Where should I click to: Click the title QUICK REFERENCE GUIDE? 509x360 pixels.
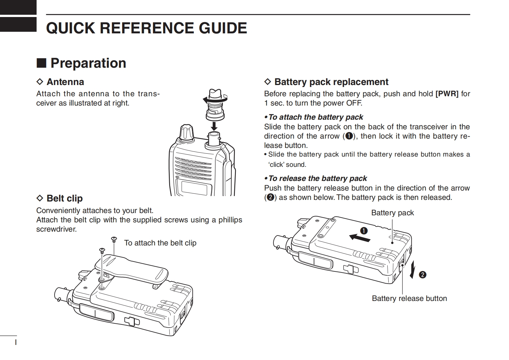(146, 28)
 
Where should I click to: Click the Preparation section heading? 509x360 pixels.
(81, 63)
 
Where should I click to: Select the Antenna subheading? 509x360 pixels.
(60, 82)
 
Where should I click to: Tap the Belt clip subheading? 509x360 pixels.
(60, 198)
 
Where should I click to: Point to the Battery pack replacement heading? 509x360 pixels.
(326, 82)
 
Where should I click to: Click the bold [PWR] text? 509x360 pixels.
(447, 94)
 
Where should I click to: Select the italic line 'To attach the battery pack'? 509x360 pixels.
(314, 117)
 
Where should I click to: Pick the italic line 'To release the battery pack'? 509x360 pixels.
(315, 178)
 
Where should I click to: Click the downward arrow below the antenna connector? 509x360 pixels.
(214, 126)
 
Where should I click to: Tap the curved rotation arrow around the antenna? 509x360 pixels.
(215, 99)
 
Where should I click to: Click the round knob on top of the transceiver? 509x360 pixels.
(187, 132)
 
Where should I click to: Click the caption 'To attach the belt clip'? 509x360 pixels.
(160, 243)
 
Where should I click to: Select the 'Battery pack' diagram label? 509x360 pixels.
(393, 213)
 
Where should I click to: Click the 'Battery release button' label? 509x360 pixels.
(409, 298)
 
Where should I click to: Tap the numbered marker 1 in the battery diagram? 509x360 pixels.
(364, 231)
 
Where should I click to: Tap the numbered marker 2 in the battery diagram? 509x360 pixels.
(422, 275)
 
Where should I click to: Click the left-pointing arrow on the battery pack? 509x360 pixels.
(360, 238)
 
